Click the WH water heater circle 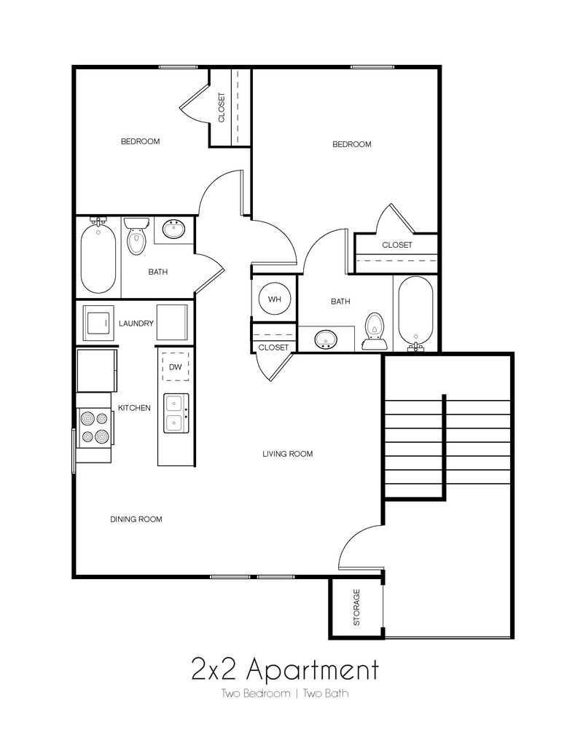(x=274, y=299)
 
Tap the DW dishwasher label (x=175, y=367)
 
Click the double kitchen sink (x=176, y=412)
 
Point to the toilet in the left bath (x=136, y=238)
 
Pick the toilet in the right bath (x=375, y=329)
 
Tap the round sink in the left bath (x=174, y=230)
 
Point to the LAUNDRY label (x=136, y=323)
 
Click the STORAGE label (x=356, y=608)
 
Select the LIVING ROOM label (x=287, y=454)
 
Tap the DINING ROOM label (x=136, y=519)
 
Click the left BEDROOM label (x=140, y=141)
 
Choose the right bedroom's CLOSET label (x=396, y=245)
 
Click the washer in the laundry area (x=98, y=322)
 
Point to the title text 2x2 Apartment (x=285, y=667)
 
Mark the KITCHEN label (x=134, y=408)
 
